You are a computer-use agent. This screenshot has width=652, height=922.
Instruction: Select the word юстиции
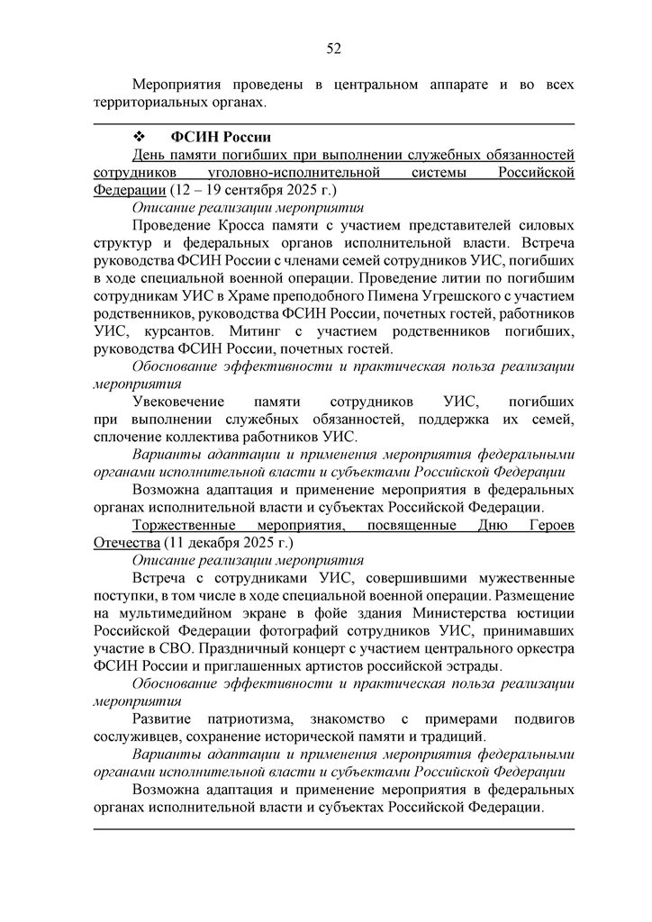[x=545, y=612]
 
